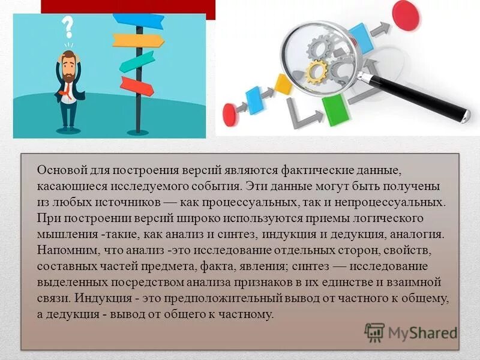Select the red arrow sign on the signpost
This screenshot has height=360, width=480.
[136, 85]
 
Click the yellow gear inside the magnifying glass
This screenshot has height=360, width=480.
[316, 71]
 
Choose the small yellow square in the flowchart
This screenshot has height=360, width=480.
[283, 85]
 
